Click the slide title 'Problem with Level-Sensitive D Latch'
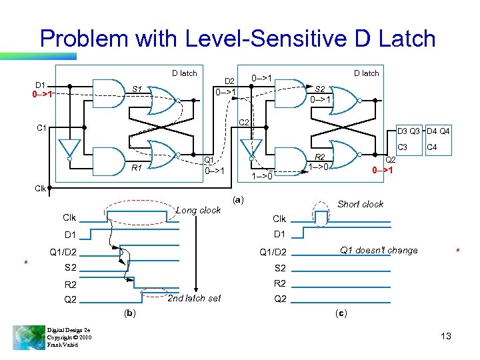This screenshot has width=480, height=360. pyautogui.click(x=237, y=38)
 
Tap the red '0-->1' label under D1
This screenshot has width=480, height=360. pyautogui.click(x=43, y=94)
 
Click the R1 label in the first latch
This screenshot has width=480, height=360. pyautogui.click(x=137, y=167)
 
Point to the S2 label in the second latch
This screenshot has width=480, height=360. pyautogui.click(x=321, y=89)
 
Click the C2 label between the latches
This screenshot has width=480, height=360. pyautogui.click(x=243, y=122)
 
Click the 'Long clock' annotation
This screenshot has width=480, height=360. pyautogui.click(x=198, y=210)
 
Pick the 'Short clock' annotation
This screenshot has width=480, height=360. pyautogui.click(x=360, y=204)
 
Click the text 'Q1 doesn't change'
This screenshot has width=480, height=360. pyautogui.click(x=379, y=251)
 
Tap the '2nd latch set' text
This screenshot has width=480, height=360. pyautogui.click(x=194, y=298)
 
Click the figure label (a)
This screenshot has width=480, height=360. pyautogui.click(x=239, y=199)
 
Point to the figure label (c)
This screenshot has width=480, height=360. pyautogui.click(x=340, y=312)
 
